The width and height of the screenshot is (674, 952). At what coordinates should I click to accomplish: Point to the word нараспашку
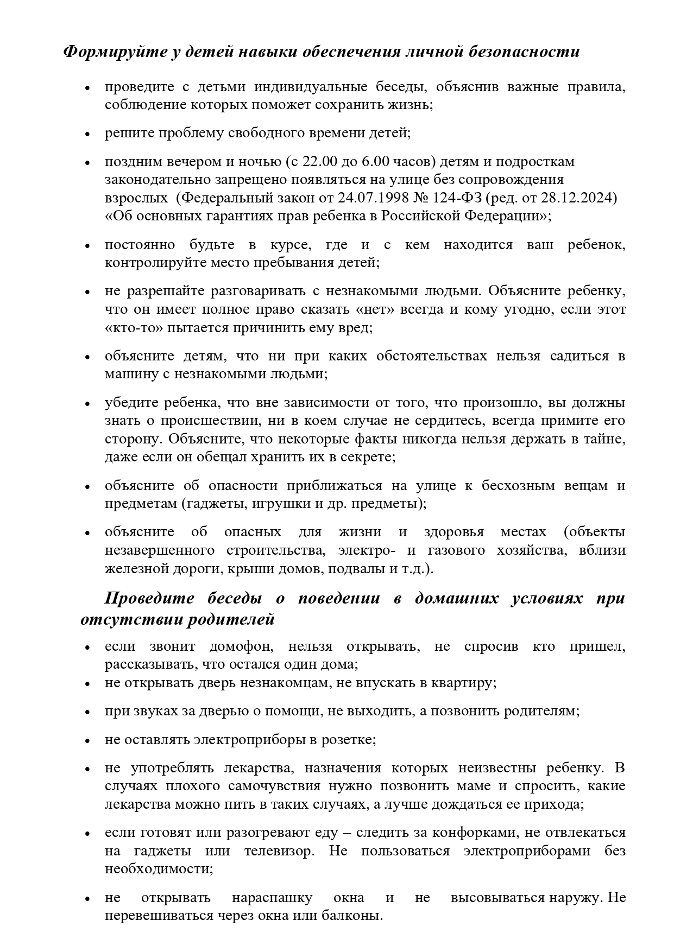pyautogui.click(x=272, y=898)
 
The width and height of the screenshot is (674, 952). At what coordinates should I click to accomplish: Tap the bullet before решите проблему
pyautogui.click(x=87, y=134)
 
